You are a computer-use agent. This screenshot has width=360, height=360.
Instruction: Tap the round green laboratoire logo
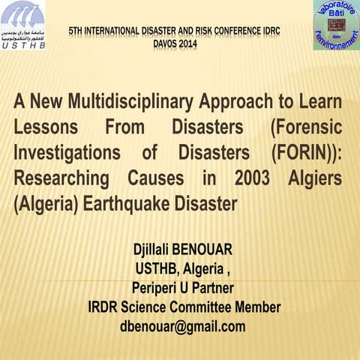pos(336,25)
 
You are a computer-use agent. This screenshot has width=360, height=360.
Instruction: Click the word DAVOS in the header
pos(169,43)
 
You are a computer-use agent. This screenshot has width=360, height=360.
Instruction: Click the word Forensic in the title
pos(304,127)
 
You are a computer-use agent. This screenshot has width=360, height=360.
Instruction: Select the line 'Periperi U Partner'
pos(182,289)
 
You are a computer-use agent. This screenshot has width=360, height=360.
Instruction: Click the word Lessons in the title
pos(45,127)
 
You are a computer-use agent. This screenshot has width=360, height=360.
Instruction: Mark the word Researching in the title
pos(58,178)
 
